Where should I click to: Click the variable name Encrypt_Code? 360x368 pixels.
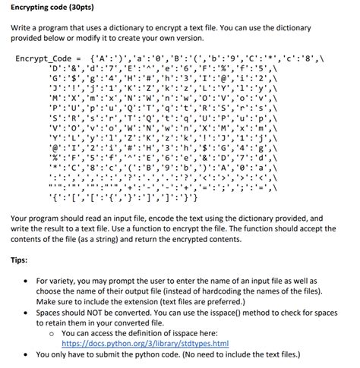tap(43, 58)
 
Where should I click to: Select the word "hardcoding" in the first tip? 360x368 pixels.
tap(253, 291)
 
